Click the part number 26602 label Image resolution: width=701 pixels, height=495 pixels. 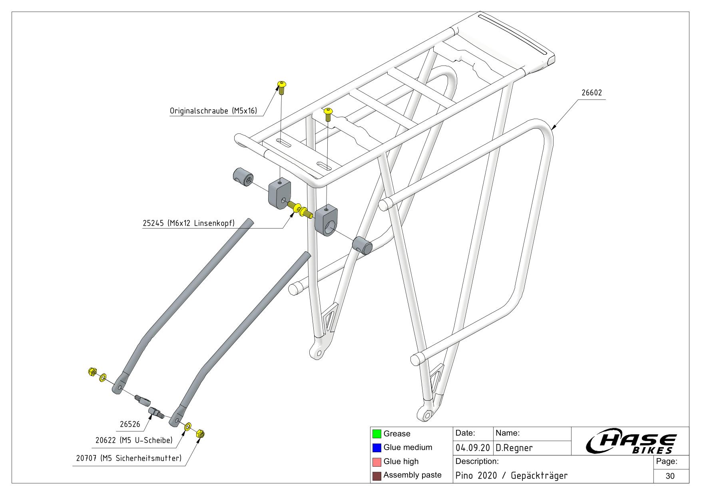(591, 93)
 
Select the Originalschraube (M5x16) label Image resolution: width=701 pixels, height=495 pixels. (213, 111)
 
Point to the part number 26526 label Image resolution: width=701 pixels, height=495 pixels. (130, 424)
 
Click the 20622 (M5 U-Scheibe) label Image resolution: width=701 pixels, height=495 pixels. (134, 440)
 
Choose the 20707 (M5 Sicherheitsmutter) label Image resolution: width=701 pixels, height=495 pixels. (129, 458)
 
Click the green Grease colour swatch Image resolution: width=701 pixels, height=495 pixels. (376, 434)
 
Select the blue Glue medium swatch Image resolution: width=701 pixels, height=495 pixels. (376, 447)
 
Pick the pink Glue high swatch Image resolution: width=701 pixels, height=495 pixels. (376, 462)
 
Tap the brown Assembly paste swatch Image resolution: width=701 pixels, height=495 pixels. (376, 475)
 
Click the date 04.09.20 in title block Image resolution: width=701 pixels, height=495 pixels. (472, 448)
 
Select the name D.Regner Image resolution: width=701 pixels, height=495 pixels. (514, 448)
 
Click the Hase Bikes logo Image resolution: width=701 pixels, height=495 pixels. (631, 443)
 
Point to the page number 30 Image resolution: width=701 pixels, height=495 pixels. (670, 476)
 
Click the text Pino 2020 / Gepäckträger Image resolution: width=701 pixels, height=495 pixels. (512, 476)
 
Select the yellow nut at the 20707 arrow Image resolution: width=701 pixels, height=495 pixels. (201, 433)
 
